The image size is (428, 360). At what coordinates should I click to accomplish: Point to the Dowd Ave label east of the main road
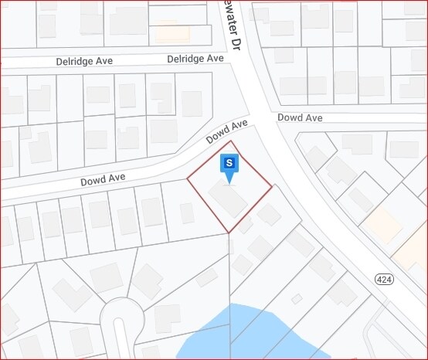[x=299, y=117]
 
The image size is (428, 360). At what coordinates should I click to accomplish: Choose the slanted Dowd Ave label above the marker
[x=226, y=132]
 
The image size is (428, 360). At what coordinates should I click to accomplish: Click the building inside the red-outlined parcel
[x=228, y=201]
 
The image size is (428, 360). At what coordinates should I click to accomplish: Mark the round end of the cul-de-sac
[x=121, y=313]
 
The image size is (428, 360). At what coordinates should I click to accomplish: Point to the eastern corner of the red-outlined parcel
[x=272, y=186]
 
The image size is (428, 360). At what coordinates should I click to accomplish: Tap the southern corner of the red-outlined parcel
[x=229, y=233]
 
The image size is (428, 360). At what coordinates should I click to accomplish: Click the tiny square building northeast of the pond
[x=297, y=298]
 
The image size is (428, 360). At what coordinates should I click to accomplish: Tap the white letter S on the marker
[x=229, y=162]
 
